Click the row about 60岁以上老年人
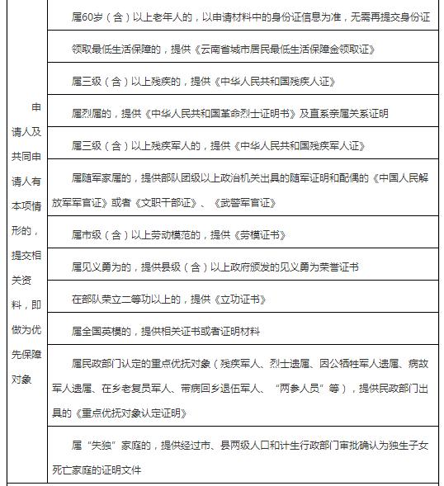(248, 17)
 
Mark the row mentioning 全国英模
(165, 331)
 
